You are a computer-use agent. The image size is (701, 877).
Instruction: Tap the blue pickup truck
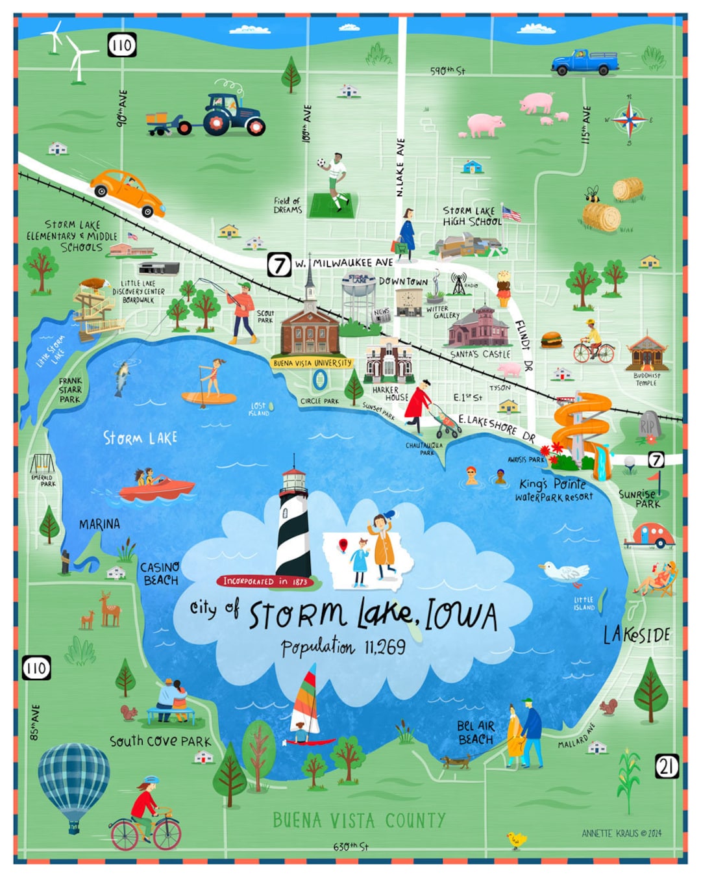point(585,62)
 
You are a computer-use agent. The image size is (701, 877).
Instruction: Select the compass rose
point(629,120)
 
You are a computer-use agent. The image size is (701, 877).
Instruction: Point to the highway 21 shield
point(667,767)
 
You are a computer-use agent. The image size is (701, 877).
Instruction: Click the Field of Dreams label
point(288,205)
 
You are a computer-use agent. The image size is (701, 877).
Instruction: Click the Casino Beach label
point(160,574)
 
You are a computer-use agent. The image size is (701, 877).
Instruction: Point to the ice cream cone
point(504,288)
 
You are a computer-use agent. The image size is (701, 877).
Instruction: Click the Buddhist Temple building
point(646,353)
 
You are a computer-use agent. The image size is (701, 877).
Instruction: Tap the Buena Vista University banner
point(312,363)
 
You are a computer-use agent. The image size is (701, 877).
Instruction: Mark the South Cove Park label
point(160,741)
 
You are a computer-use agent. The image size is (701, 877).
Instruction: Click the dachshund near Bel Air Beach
point(456,761)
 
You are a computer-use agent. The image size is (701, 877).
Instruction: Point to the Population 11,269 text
point(343,647)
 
